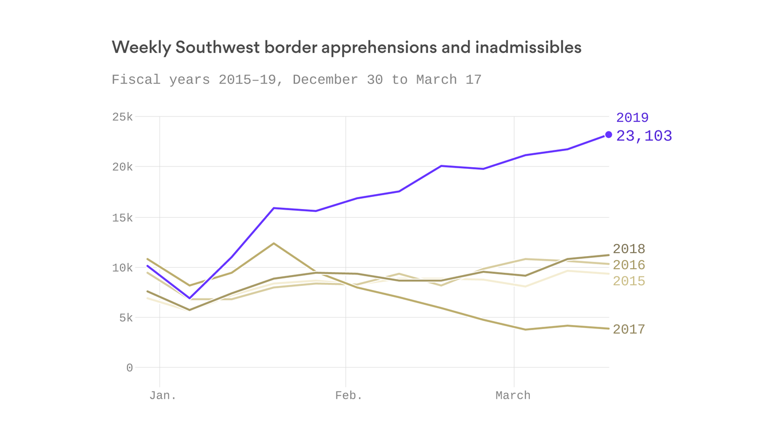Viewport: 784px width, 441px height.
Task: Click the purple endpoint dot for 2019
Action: point(608,135)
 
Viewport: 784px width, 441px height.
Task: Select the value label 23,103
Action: point(643,136)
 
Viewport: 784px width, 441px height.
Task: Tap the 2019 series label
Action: point(632,118)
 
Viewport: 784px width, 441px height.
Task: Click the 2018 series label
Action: point(628,249)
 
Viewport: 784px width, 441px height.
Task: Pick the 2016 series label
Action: point(628,265)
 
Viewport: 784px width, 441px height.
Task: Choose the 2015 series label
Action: point(628,281)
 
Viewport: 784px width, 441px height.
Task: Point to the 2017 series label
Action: point(628,330)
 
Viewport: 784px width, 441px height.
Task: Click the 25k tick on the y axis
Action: point(122,117)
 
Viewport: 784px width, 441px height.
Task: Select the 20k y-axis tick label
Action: point(122,167)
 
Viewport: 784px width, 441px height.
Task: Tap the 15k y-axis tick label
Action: point(122,218)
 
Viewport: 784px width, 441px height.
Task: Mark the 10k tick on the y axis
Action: point(122,268)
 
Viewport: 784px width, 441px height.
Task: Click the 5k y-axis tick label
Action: point(126,318)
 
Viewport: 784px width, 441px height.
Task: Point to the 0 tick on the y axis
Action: point(129,368)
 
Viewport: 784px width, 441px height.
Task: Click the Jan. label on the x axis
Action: point(163,396)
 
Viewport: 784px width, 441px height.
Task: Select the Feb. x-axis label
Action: point(349,396)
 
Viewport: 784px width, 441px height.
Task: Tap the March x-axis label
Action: point(513,396)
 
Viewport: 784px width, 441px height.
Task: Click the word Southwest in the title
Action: point(218,48)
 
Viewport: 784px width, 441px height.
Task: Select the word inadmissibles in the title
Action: point(528,48)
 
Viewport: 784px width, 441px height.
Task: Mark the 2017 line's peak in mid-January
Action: point(274,243)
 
